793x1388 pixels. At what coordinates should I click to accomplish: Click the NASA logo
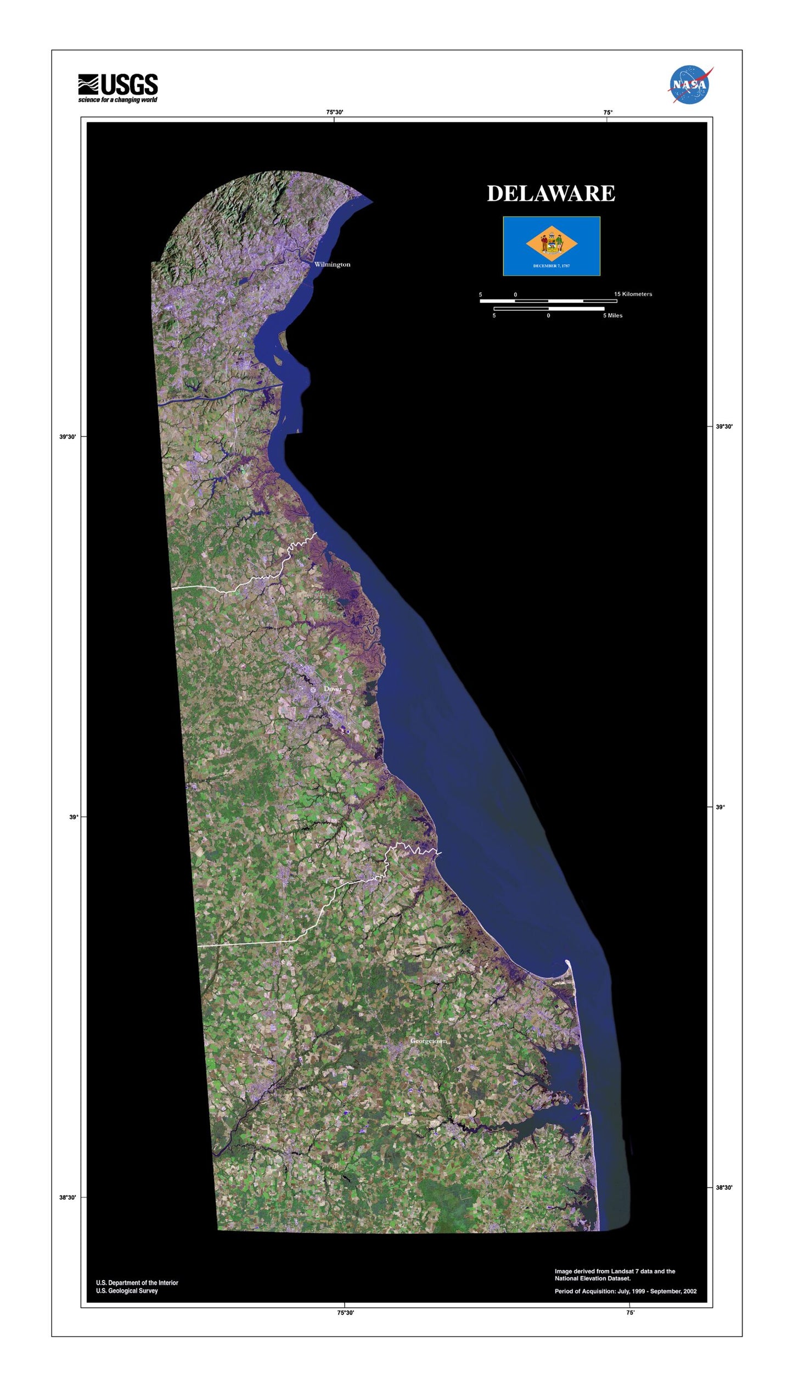click(x=690, y=85)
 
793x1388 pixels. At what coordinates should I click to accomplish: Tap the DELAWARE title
click(x=551, y=193)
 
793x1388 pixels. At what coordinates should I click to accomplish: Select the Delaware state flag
click(x=552, y=246)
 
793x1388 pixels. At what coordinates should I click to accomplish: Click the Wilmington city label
click(x=332, y=265)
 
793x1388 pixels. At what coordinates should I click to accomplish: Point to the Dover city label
click(x=333, y=689)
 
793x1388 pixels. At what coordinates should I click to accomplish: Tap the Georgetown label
click(x=429, y=1041)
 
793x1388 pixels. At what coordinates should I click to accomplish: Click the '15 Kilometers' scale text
click(x=633, y=294)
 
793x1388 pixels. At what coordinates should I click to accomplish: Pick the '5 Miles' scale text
click(x=612, y=316)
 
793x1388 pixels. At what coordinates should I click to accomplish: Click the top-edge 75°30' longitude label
click(x=335, y=112)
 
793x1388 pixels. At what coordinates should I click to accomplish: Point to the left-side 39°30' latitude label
click(x=68, y=437)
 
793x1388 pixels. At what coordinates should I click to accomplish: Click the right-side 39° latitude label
click(x=720, y=807)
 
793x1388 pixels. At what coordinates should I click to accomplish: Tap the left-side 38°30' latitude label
click(x=68, y=1198)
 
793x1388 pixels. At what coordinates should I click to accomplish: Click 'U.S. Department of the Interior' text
click(x=137, y=1283)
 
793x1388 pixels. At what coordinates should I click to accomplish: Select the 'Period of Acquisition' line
click(x=626, y=1291)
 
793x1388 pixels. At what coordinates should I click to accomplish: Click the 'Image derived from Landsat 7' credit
click(x=615, y=1272)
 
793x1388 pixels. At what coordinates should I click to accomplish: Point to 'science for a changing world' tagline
click(x=117, y=100)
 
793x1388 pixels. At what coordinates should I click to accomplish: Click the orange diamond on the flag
click(x=552, y=244)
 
